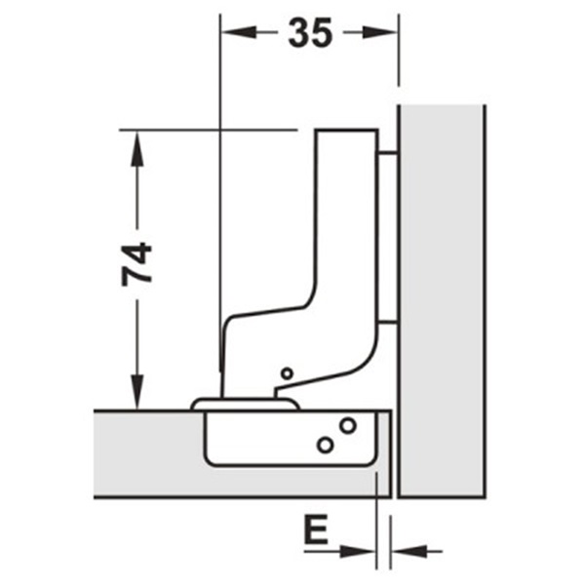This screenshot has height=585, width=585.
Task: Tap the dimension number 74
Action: coord(137,263)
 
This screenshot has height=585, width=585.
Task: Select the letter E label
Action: coord(314,532)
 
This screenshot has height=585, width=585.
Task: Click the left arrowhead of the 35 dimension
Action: coord(235,32)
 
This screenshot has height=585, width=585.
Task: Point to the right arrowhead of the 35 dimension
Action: coord(384,32)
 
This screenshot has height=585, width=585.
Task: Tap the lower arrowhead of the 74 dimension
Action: coord(137,394)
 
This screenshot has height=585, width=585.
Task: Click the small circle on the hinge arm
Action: coord(286,373)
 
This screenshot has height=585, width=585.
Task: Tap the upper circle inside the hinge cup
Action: coord(346,425)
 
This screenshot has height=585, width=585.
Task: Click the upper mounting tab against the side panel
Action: coord(386,153)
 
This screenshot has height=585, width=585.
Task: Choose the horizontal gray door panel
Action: coord(146,453)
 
